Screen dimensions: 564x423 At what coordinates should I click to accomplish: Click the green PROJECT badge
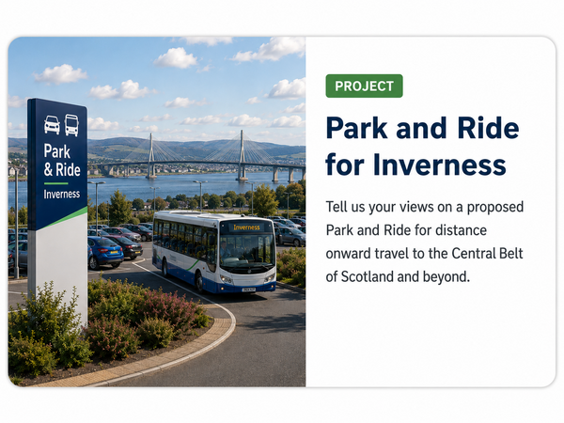pyautogui.click(x=364, y=86)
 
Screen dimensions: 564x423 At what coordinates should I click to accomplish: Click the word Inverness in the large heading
pyautogui.click(x=439, y=164)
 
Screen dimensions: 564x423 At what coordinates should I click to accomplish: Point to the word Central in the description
pyautogui.click(x=474, y=253)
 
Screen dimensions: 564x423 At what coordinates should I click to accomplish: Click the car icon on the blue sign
pyautogui.click(x=52, y=125)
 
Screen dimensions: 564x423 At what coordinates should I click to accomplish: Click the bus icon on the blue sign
pyautogui.click(x=71, y=125)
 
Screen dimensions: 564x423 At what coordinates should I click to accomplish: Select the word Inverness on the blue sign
pyautogui.click(x=62, y=195)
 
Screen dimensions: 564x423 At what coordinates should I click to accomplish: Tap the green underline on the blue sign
pyautogui.click(x=55, y=183)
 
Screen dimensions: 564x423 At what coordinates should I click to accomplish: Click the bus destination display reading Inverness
pyautogui.click(x=246, y=227)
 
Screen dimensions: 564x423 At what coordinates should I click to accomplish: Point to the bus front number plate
pyautogui.click(x=248, y=290)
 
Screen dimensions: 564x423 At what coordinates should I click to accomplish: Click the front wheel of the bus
pyautogui.click(x=199, y=282)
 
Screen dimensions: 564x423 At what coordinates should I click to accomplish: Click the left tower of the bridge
pyautogui.click(x=151, y=156)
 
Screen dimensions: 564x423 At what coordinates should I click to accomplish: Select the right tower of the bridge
pyautogui.click(x=242, y=155)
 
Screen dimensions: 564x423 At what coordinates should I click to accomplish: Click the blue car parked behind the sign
pyautogui.click(x=105, y=252)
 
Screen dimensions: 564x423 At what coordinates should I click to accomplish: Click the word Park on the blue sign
pyautogui.click(x=56, y=151)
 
